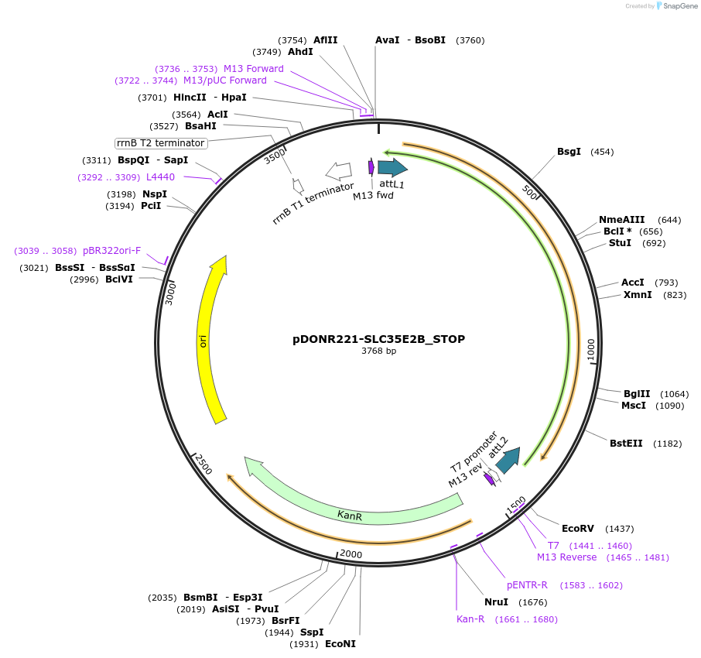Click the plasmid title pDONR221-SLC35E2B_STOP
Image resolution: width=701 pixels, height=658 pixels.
point(378,338)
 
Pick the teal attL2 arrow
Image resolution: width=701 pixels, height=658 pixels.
point(508,460)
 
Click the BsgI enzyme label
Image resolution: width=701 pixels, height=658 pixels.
point(569,152)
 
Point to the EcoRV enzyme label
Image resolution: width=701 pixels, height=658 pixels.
point(577,529)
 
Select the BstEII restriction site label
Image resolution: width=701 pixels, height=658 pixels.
point(625,444)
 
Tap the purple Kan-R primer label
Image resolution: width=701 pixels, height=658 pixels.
point(470,619)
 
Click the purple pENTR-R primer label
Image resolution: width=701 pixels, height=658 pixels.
point(527,585)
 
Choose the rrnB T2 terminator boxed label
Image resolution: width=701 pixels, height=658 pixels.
point(161,143)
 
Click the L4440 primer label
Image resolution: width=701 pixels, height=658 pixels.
point(160,177)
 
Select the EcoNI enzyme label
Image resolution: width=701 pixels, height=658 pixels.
point(340,644)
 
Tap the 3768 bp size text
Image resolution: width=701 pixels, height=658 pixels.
point(378,351)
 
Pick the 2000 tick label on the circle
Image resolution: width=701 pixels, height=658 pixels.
point(351,554)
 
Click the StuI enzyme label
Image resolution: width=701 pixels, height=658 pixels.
point(620,243)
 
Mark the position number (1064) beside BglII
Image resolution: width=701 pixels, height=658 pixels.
point(674,394)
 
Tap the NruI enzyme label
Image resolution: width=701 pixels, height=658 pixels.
point(496,602)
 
